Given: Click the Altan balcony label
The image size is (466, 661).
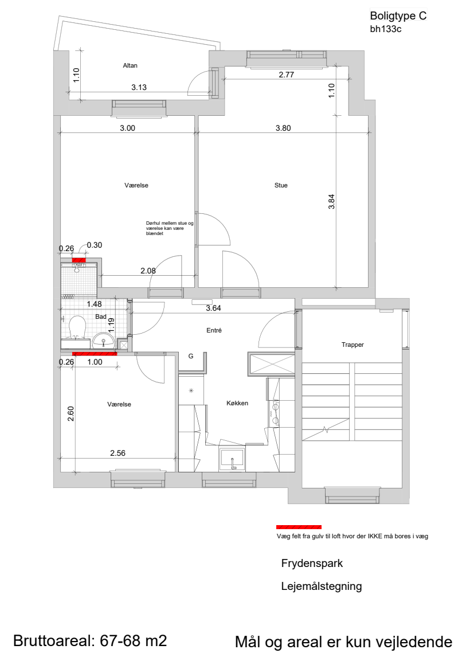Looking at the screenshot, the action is tap(130, 65).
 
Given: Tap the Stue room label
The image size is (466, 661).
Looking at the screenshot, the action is tap(281, 185).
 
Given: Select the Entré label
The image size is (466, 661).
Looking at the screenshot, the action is tap(214, 330).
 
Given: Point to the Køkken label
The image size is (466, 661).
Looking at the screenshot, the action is tap(237, 403).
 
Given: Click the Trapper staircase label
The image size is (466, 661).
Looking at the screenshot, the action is tap(353, 345).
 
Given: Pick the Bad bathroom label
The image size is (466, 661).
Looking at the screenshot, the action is tap(101, 316).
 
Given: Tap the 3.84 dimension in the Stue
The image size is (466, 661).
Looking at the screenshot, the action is tap(332, 201).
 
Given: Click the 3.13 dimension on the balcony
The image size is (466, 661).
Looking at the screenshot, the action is tap(139, 87).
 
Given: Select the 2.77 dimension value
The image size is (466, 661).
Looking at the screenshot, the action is tap(287, 75).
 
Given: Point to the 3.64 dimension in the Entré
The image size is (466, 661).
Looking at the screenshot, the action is tap(214, 308).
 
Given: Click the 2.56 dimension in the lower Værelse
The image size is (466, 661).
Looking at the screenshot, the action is tap(118, 453).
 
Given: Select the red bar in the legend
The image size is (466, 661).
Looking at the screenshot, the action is tap(299, 527).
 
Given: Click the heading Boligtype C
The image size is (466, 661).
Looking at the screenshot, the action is tap(398, 15).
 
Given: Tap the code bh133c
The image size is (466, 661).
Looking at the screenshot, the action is tap(386, 29).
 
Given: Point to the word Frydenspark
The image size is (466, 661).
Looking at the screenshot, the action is tap(312, 563).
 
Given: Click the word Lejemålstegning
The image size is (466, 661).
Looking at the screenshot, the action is tap(322, 586).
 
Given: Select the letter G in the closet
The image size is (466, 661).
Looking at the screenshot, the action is tap(191, 356).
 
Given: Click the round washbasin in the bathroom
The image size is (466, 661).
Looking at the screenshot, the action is tap(103, 340).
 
